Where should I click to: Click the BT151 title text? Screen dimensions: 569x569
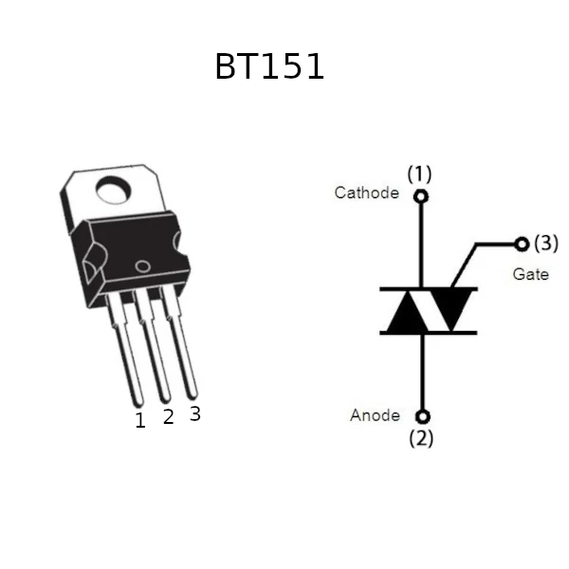pyautogui.click(x=269, y=66)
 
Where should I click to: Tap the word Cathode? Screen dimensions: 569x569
pyautogui.click(x=366, y=193)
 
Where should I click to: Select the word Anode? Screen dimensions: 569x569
pyautogui.click(x=375, y=415)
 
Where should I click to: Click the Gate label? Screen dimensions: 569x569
pyautogui.click(x=530, y=274)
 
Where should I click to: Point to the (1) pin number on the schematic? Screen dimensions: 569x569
pyautogui.click(x=419, y=174)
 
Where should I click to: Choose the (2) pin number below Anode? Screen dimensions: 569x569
pyautogui.click(x=421, y=438)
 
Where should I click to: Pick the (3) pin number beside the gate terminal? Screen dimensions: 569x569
pyautogui.click(x=546, y=243)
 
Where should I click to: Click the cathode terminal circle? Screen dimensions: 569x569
pyautogui.click(x=420, y=196)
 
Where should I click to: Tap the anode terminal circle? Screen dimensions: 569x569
pyautogui.click(x=422, y=416)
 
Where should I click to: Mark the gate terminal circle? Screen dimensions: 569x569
pyautogui.click(x=522, y=244)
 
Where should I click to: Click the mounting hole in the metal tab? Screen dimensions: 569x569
pyautogui.click(x=113, y=191)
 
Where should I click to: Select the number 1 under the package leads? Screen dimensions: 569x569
pyautogui.click(x=140, y=420)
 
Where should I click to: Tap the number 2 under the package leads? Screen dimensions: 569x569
pyautogui.click(x=169, y=416)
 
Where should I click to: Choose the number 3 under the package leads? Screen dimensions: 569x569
pyautogui.click(x=195, y=413)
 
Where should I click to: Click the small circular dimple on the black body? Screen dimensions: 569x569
pyautogui.click(x=142, y=266)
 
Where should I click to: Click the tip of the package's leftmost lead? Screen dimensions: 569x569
pyautogui.click(x=138, y=405)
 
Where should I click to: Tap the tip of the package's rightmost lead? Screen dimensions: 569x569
pyautogui.click(x=193, y=397)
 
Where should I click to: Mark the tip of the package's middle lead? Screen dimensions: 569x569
pyautogui.click(x=165, y=401)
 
